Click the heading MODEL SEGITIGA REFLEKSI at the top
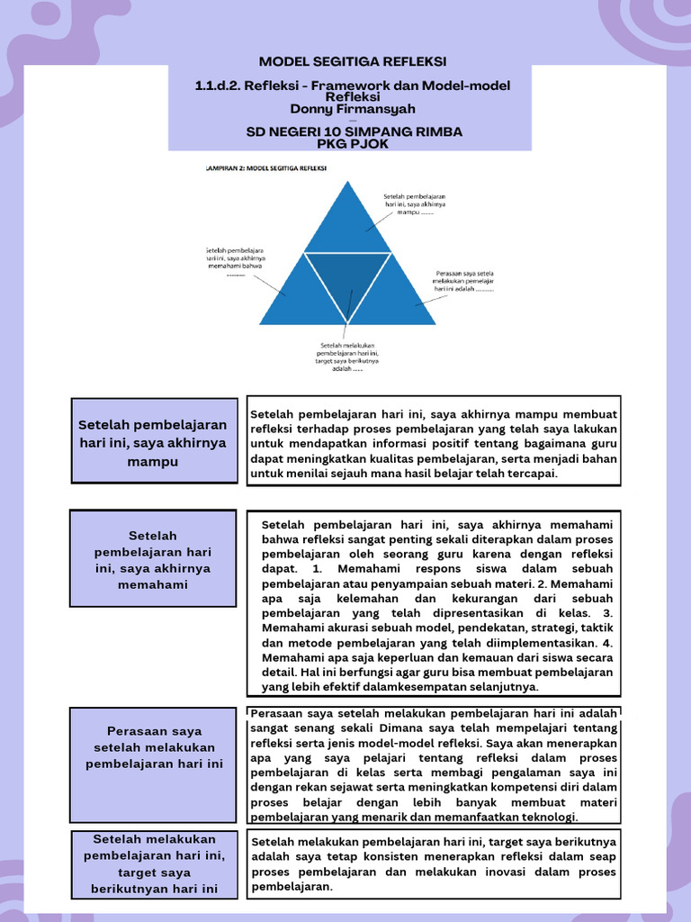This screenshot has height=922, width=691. click(352, 61)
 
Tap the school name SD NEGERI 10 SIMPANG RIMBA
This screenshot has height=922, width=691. click(354, 131)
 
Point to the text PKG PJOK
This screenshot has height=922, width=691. click(353, 143)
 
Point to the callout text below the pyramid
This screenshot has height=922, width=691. click(347, 356)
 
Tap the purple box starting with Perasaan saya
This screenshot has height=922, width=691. click(152, 747)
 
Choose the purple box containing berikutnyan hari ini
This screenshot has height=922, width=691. click(152, 864)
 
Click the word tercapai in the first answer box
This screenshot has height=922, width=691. click(531, 474)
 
